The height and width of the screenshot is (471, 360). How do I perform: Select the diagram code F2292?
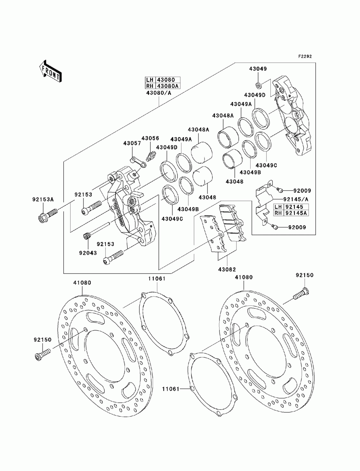coord(305,56)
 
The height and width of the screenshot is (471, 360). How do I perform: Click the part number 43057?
coord(132,143)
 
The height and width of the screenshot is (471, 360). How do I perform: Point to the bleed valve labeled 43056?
coord(151,156)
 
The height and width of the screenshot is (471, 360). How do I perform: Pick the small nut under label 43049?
coord(259,85)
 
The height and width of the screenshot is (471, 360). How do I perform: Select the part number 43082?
coord(227,269)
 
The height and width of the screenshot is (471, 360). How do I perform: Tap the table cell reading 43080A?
coord(168,86)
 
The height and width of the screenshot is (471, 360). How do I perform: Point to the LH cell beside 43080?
coord(150,80)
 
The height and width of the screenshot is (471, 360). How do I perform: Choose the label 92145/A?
coord(296,199)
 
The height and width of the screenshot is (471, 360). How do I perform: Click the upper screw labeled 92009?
coord(279,190)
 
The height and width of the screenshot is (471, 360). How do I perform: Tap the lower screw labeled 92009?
coord(275,226)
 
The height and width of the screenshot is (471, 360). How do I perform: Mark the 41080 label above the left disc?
coord(82,283)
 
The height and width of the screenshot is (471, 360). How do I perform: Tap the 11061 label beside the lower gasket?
coord(171,389)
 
